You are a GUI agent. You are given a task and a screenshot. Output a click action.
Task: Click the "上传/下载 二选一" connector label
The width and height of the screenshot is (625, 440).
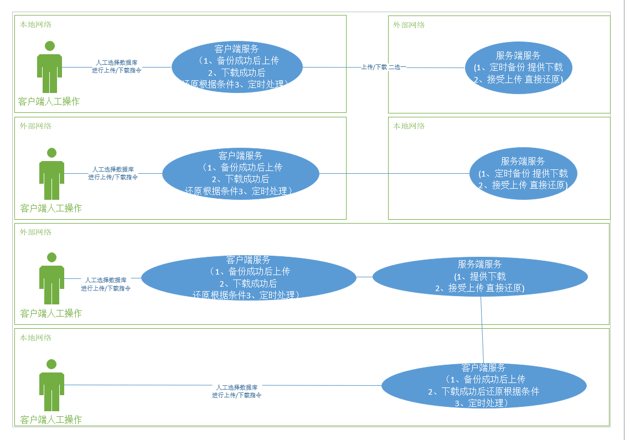384,67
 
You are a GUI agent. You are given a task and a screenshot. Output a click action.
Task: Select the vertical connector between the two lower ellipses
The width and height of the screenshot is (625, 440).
483,330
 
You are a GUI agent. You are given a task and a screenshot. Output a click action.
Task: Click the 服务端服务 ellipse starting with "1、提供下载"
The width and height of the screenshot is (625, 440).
479,276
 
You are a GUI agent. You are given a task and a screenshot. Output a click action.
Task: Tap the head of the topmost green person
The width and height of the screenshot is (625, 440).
50,46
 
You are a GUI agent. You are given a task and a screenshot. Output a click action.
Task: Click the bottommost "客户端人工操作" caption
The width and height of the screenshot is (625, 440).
51,420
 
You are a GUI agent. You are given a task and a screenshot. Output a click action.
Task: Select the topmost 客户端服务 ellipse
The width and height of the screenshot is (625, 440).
237,67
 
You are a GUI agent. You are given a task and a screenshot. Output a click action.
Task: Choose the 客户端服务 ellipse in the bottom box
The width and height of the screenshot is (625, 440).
484,386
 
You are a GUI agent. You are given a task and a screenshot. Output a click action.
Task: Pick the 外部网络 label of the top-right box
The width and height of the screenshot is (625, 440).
409,25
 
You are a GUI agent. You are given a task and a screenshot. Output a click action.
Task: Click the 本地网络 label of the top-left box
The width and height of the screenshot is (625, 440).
36,24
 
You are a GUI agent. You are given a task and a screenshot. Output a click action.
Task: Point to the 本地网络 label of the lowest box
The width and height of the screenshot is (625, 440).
36,338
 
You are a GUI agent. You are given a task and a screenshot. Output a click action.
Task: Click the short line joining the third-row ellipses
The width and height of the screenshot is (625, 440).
364,277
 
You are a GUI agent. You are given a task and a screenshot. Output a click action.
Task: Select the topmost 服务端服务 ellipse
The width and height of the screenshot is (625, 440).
518,68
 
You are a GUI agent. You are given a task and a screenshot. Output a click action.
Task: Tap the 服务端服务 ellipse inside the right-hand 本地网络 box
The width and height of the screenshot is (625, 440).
523,173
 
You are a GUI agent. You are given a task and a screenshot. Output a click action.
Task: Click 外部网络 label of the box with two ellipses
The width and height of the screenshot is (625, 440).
36,232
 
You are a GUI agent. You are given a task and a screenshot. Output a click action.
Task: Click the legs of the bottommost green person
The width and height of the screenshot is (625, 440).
51,401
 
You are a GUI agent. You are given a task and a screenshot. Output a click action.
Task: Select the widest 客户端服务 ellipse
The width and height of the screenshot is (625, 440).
249,277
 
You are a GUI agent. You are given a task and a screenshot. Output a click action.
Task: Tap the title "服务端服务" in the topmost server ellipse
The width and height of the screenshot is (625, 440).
518,55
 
